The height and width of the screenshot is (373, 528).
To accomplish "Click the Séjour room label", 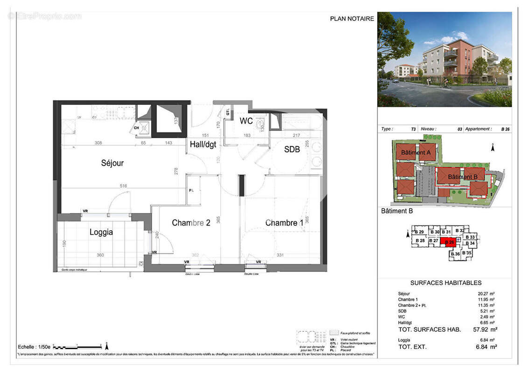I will tap(112, 163).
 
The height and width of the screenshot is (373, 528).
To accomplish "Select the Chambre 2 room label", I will tap(191, 223).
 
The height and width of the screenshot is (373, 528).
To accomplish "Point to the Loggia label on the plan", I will tap(101, 232).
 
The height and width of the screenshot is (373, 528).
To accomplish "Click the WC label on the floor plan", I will tap(246, 121).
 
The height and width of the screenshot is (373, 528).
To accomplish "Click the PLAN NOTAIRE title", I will tap(352, 19).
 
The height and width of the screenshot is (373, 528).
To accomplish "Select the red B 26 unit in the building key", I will tap(450, 242).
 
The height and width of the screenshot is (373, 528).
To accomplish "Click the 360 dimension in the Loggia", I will tap(100, 255).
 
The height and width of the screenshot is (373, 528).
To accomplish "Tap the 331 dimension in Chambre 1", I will tap(280, 255).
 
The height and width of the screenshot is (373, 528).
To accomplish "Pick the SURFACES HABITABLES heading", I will tap(445, 283).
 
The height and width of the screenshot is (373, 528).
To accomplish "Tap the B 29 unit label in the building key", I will tap(418, 232).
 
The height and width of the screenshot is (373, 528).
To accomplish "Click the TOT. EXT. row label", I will tap(412, 346).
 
